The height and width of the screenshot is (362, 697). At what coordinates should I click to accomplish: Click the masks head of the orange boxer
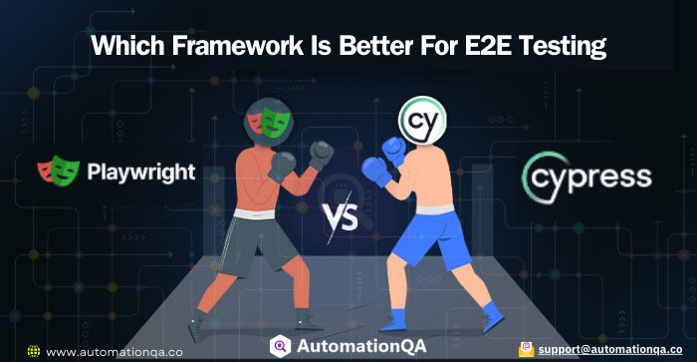coord(268,123)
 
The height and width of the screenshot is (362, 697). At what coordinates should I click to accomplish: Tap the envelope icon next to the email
coord(525,350)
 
